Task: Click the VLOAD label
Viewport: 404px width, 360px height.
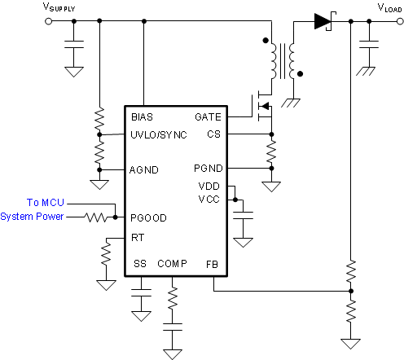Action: coord(388,7)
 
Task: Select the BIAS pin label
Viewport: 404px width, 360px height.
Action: coord(143,117)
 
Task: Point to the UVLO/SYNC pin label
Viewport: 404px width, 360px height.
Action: coord(158,134)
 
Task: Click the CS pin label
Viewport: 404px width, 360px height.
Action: coord(213,134)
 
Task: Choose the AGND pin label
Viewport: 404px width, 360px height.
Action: coord(144,169)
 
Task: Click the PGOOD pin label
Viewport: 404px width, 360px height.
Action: coord(147,217)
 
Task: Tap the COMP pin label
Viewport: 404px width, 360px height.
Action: coord(172,264)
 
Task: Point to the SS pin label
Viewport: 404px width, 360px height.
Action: coord(140,264)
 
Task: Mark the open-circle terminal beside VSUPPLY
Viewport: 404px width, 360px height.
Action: coord(49,21)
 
